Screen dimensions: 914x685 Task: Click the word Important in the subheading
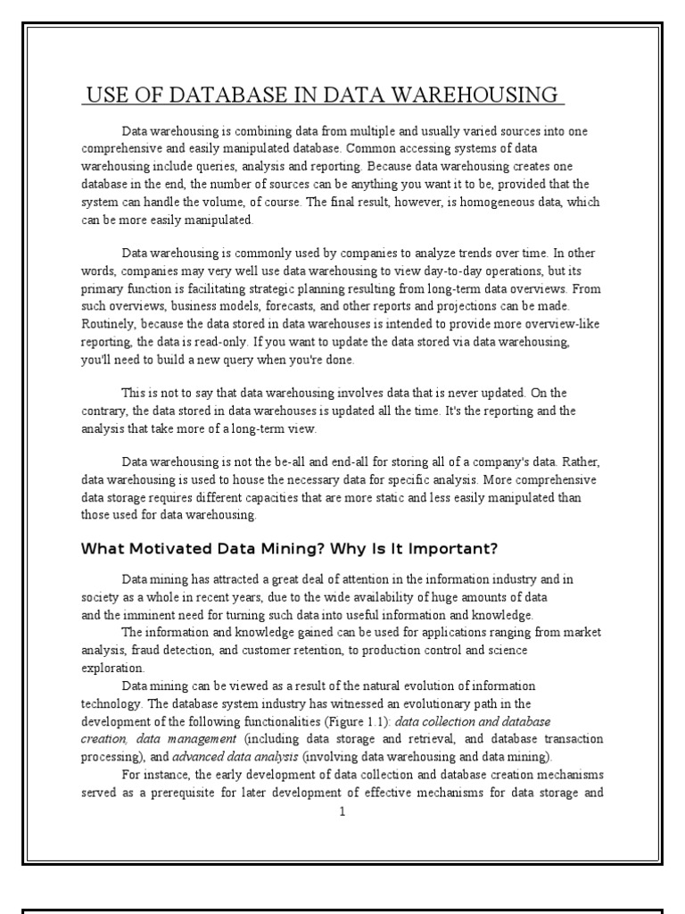440,548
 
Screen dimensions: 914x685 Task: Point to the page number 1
342,812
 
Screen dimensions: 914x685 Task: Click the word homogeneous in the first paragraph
470,203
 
